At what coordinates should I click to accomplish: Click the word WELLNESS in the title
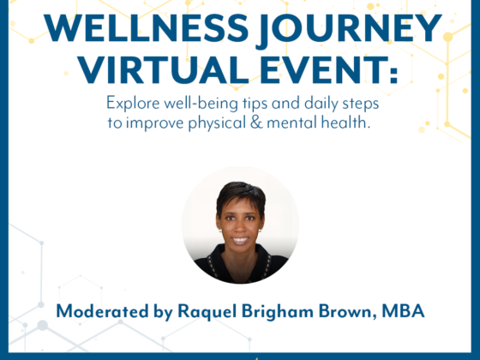(x=146, y=28)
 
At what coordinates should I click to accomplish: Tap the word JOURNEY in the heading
(x=349, y=30)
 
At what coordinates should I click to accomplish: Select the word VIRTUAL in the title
(x=163, y=69)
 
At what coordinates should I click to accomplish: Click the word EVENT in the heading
(x=321, y=69)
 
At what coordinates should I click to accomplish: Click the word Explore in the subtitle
(x=133, y=104)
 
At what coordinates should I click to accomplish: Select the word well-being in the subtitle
(x=201, y=104)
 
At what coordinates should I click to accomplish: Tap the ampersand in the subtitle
(x=256, y=123)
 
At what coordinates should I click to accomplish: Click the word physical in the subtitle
(x=217, y=123)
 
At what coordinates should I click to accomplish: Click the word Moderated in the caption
(x=103, y=311)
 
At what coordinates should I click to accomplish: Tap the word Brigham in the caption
(x=278, y=312)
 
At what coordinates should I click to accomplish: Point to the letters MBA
(x=403, y=311)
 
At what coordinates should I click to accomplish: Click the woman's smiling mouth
(x=240, y=240)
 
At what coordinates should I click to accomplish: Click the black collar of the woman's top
(x=240, y=262)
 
